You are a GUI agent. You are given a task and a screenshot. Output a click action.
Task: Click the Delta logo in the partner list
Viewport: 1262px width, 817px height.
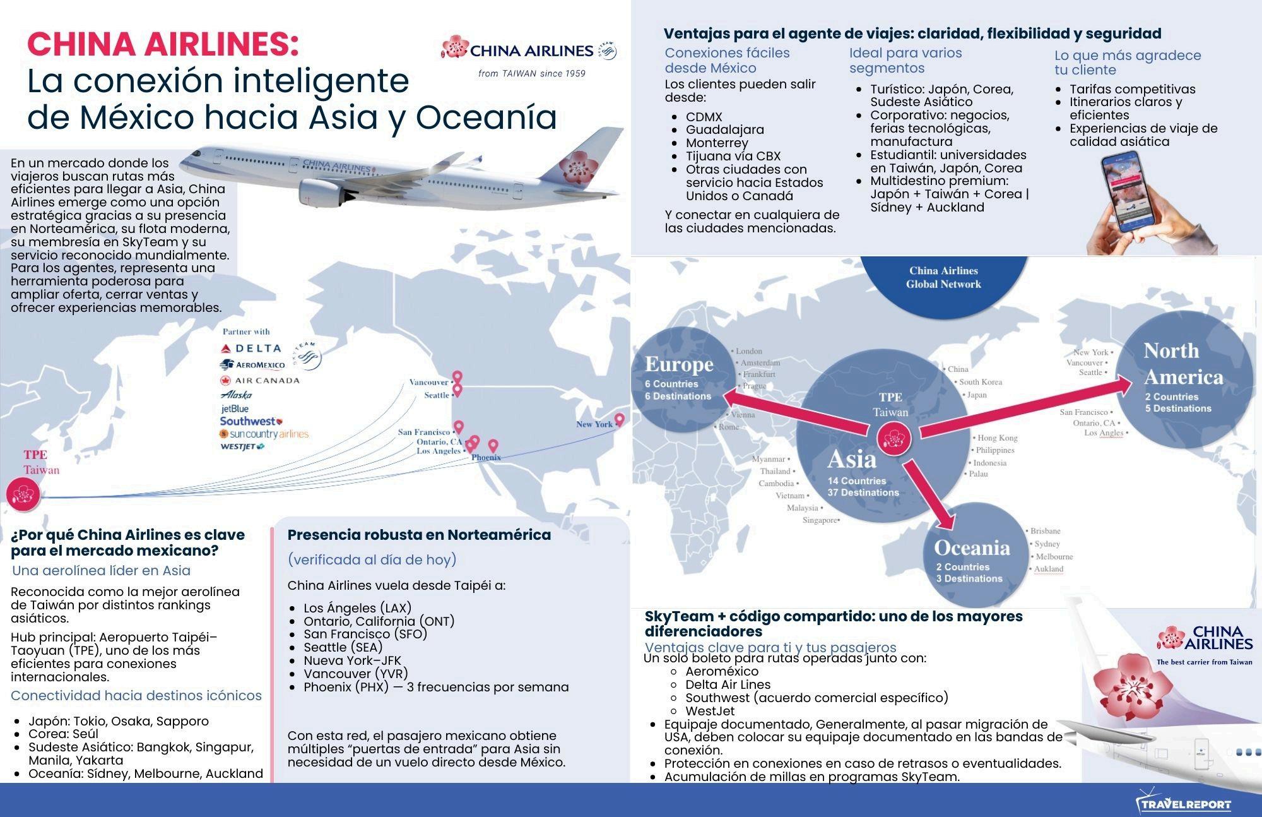251,348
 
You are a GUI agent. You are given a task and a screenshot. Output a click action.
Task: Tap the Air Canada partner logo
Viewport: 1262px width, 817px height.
260,380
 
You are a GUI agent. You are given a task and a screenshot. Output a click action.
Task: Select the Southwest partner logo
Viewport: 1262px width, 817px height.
251,421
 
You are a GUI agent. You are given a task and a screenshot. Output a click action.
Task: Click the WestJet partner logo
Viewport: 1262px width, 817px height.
242,446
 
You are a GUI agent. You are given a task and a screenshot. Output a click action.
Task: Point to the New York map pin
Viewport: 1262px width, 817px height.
620,420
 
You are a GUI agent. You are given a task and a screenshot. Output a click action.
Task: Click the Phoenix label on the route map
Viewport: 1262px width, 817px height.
486,457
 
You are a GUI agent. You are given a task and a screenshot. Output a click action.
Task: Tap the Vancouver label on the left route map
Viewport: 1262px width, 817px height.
428,382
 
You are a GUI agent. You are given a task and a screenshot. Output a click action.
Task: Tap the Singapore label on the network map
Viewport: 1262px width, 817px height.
820,520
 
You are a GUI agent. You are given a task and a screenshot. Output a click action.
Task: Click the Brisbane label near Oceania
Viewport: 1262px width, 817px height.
1046,531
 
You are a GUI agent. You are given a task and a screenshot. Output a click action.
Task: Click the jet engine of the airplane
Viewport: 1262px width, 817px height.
319,191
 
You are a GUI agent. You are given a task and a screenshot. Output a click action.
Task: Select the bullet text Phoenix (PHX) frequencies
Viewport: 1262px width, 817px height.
436,687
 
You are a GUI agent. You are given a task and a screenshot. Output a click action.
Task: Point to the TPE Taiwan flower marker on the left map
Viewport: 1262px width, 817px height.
23,494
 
